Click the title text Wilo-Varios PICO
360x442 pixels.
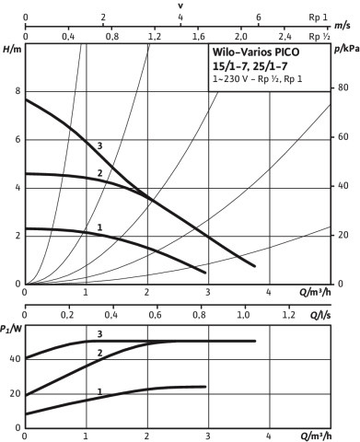click(256, 52)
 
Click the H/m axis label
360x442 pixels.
click(12, 49)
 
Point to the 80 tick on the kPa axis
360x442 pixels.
click(343, 87)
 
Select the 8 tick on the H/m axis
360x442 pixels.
click(18, 91)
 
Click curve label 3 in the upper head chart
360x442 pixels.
click(99, 145)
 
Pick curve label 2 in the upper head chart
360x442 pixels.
click(99, 173)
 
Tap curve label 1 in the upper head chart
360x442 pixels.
click(99, 227)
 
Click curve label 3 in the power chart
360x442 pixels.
click(99, 334)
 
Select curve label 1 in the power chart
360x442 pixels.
click(99, 391)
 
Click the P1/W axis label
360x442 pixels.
click(11, 330)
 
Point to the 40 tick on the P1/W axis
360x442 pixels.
click(15, 359)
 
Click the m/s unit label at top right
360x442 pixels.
click(343, 26)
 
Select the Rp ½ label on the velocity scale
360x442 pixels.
click(319, 37)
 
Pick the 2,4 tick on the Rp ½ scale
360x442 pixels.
click(285, 37)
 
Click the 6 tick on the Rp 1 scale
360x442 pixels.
click(259, 17)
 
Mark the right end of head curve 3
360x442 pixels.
click(254, 266)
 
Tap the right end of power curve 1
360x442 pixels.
click(205, 387)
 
